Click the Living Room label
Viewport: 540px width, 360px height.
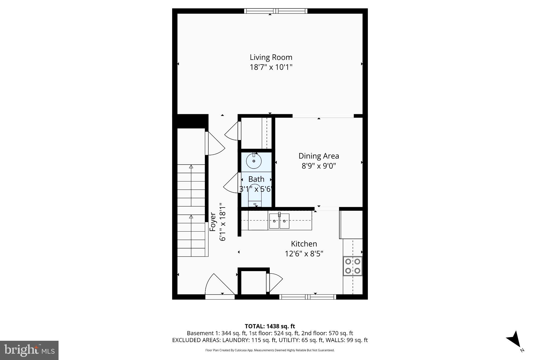click(271, 57)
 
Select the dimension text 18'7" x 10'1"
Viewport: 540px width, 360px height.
click(271, 67)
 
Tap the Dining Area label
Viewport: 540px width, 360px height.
click(319, 156)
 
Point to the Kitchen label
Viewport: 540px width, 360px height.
click(304, 244)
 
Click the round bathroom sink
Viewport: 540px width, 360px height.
click(254, 161)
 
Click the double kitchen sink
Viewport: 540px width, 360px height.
click(279, 221)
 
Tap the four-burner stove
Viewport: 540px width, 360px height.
click(353, 266)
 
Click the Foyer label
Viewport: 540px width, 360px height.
click(213, 222)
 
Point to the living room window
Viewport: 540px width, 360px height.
click(276, 11)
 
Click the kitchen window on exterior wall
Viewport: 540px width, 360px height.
click(307, 297)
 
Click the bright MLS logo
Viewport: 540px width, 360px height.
click(29, 350)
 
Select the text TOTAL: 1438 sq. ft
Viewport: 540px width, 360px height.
click(270, 326)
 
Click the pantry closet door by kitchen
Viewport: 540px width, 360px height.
click(274, 283)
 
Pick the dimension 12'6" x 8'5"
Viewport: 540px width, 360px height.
click(304, 254)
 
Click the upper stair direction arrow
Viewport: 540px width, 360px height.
click(191, 167)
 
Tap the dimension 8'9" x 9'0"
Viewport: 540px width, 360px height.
click(319, 166)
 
